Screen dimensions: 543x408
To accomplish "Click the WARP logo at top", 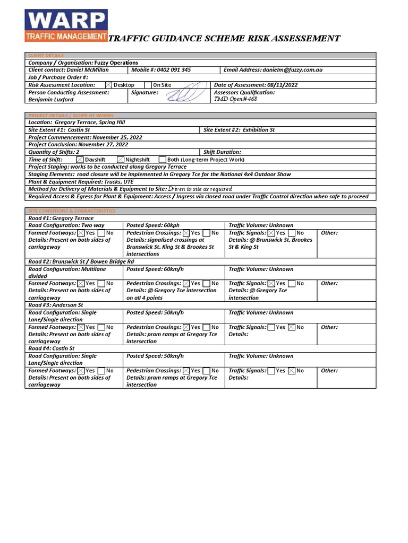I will pyautogui.click(x=66, y=25).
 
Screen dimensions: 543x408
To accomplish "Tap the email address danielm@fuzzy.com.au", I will pyautogui.click(x=292, y=70).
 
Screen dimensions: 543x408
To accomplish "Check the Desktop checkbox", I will pyautogui.click(x=109, y=85).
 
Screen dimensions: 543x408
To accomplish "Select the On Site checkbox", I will pyautogui.click(x=148, y=85).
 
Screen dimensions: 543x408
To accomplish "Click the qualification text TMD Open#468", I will pyautogui.click(x=235, y=99).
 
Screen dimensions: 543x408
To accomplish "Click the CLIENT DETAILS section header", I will pyautogui.click(x=46, y=55).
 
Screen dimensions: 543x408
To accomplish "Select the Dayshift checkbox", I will pyautogui.click(x=80, y=160).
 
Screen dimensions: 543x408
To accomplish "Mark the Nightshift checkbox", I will pyautogui.click(x=121, y=160).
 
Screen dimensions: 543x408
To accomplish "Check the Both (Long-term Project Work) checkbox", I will pyautogui.click(x=163, y=160).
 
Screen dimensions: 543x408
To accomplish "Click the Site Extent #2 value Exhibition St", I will pyautogui.click(x=259, y=130).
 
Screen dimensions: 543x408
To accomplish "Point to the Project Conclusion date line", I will pyautogui.click(x=78, y=145).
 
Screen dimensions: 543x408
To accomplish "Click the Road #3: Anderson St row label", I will pyautogui.click(x=56, y=305).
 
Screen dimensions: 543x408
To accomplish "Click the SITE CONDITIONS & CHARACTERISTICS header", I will pyautogui.click(x=72, y=211).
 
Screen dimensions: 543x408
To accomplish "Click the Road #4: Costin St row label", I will pyautogui.click(x=52, y=349).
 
